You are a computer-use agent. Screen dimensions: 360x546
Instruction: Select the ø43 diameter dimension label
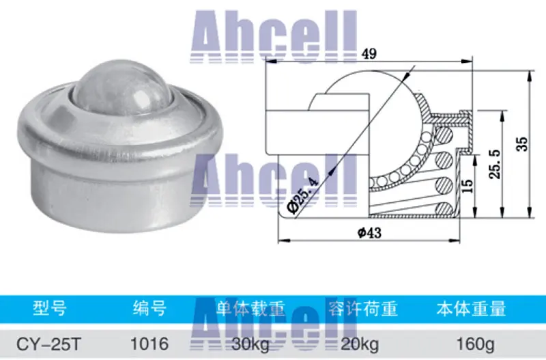pyautogui.click(x=369, y=232)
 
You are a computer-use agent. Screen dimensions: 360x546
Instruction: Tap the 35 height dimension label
pyautogui.click(x=522, y=144)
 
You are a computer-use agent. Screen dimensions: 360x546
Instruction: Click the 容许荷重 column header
pyautogui.click(x=362, y=309)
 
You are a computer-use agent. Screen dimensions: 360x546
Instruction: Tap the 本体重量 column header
pyautogui.click(x=471, y=309)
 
